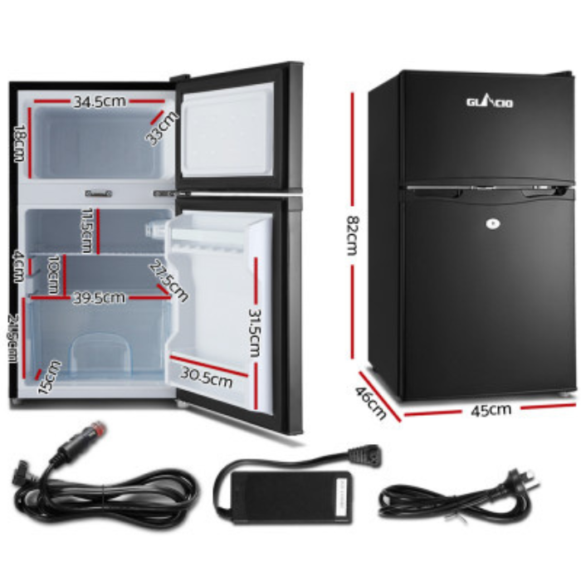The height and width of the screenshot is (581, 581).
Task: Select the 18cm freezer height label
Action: [19, 144]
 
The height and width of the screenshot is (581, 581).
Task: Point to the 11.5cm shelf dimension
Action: [85, 231]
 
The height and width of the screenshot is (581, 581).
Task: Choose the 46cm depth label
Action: [372, 403]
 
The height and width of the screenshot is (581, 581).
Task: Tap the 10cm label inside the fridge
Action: [53, 275]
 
